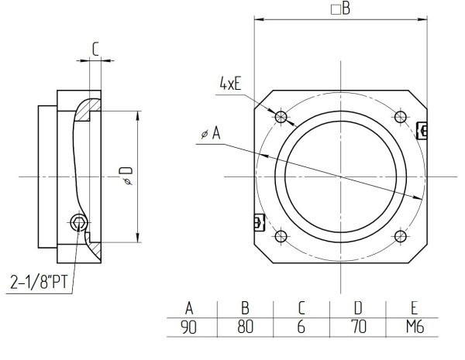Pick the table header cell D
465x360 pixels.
pyautogui.click(x=358, y=307)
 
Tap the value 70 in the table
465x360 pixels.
pyautogui.click(x=358, y=327)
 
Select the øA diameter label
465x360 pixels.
pyautogui.click(x=210, y=134)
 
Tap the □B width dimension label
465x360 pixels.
pyautogui.click(x=340, y=9)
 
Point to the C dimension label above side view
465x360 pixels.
pyautogui.click(x=95, y=48)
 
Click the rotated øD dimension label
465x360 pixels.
pyautogui.click(x=127, y=176)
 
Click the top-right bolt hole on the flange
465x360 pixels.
pyautogui.click(x=400, y=117)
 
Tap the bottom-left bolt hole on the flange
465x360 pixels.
pyautogui.click(x=281, y=236)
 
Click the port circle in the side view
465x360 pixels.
pyautogui.click(x=78, y=223)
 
